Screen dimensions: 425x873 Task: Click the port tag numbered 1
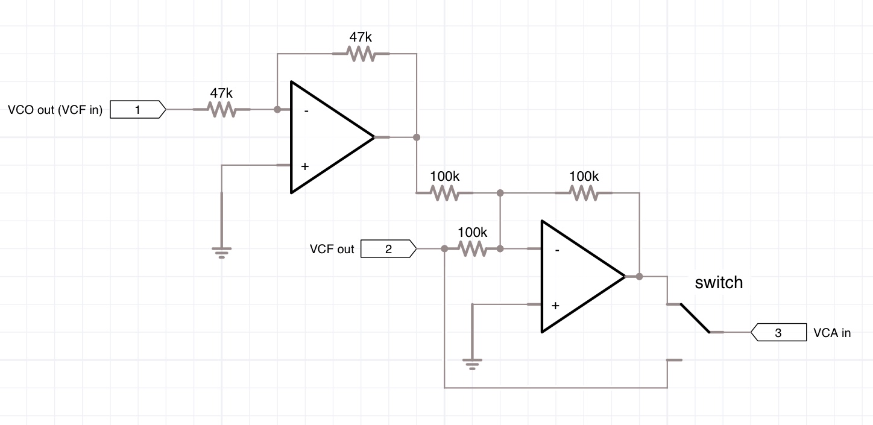pyautogui.click(x=138, y=110)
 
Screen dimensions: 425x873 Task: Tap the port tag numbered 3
pyautogui.click(x=778, y=332)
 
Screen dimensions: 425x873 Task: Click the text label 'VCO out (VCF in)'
pyautogui.click(x=55, y=110)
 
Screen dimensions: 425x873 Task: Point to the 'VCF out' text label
pyautogui.click(x=332, y=249)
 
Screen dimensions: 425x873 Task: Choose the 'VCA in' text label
pyautogui.click(x=832, y=333)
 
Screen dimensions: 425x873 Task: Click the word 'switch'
pyautogui.click(x=719, y=282)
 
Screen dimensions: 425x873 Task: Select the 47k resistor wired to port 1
pyautogui.click(x=221, y=110)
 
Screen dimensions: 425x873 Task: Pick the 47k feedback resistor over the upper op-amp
pyautogui.click(x=361, y=54)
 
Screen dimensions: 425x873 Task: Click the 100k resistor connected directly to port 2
pyautogui.click(x=472, y=249)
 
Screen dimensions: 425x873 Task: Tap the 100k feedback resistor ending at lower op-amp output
pyautogui.click(x=584, y=193)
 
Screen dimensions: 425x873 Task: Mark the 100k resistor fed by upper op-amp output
pyautogui.click(x=444, y=193)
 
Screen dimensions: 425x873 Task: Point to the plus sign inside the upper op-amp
pyautogui.click(x=305, y=166)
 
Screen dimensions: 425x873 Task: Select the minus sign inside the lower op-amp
pyautogui.click(x=556, y=250)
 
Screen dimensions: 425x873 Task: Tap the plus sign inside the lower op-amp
pyautogui.click(x=555, y=306)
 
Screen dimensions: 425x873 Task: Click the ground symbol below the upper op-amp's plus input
pyautogui.click(x=222, y=251)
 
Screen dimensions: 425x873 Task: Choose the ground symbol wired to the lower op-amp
pyautogui.click(x=473, y=363)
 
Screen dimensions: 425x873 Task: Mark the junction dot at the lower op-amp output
pyautogui.click(x=640, y=277)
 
